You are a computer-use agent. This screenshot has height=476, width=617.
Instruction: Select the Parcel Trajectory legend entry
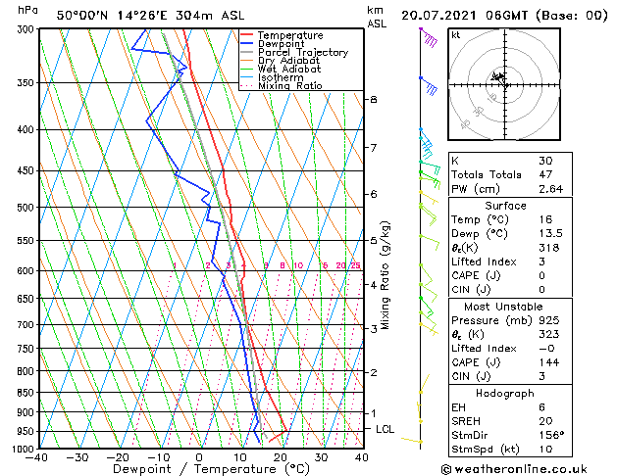(302, 53)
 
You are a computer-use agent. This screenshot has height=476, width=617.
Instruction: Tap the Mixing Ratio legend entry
(290, 86)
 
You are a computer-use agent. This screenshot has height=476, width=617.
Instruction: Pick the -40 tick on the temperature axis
(37, 457)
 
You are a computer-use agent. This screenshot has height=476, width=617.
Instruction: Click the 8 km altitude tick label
(373, 100)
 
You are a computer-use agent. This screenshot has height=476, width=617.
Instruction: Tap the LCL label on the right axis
(385, 429)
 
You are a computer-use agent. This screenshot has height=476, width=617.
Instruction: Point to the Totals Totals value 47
(544, 173)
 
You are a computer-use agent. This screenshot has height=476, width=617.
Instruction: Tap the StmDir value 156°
(551, 435)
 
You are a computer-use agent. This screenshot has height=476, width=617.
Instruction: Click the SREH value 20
(544, 421)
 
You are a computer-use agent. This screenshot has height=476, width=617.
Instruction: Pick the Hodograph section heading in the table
(505, 393)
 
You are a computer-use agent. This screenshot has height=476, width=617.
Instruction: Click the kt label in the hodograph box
(456, 35)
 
